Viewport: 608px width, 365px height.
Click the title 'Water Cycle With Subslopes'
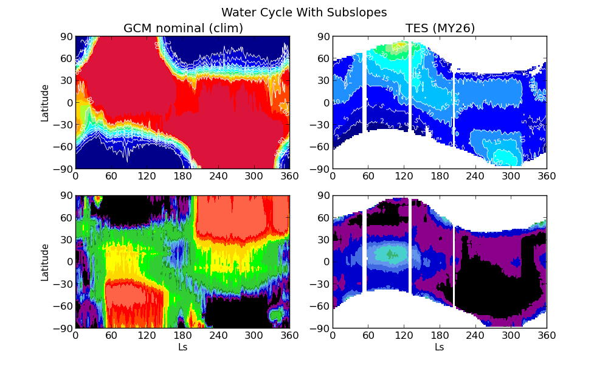coord(304,12)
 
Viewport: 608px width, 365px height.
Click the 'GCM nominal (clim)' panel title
coord(183,28)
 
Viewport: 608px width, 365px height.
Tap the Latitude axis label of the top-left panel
coord(45,103)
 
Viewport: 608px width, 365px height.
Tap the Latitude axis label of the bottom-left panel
coord(45,262)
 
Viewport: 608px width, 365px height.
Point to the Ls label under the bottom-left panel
coord(182,347)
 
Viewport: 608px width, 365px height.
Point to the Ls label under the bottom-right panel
coord(439,347)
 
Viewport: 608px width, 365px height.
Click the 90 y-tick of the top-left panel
coord(65,36)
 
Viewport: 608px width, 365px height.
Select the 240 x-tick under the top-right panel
coord(475,176)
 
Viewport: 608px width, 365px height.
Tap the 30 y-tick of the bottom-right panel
coord(322,240)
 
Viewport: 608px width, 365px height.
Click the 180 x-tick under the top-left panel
coord(182,176)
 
